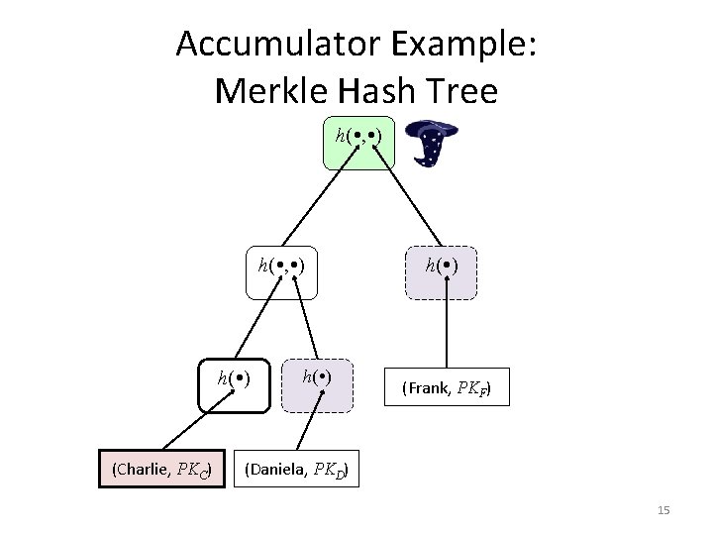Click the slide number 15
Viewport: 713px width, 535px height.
point(663,510)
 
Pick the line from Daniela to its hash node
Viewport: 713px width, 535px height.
point(310,428)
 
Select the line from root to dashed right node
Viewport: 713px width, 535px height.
point(405,208)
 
